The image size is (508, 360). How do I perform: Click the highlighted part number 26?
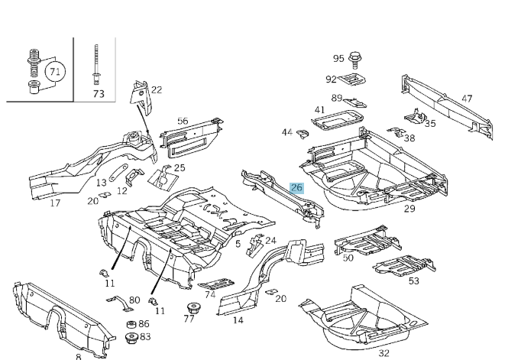click(x=297, y=187)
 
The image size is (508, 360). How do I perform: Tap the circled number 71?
click(x=53, y=73)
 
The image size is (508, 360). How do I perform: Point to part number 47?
click(x=467, y=99)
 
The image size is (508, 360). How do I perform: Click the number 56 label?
click(x=183, y=121)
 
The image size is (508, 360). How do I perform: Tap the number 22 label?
click(x=157, y=89)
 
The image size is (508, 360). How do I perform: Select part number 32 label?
click(x=383, y=353)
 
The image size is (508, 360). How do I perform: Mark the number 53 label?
click(x=413, y=281)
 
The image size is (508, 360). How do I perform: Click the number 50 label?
click(x=348, y=258)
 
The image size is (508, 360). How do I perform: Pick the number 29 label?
click(x=409, y=209)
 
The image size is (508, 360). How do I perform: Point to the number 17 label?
click(x=55, y=203)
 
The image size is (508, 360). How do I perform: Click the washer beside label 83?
click(x=131, y=337)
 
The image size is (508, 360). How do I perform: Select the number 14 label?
click(x=238, y=320)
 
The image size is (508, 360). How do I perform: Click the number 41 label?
click(x=319, y=110)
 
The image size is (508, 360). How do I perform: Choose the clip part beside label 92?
click(x=354, y=79)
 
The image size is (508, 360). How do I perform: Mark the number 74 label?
click(x=209, y=295)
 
